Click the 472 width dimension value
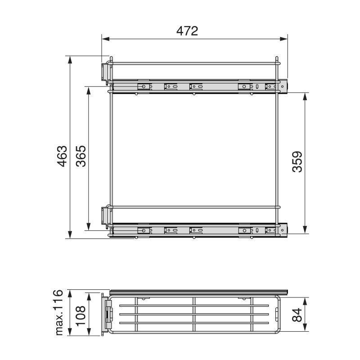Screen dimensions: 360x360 [188, 31]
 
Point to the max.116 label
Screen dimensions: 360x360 [59, 312]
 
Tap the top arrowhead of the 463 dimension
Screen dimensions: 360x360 [70, 59]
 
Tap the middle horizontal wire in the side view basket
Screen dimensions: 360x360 [193, 315]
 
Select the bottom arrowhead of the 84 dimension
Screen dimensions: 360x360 [306, 329]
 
